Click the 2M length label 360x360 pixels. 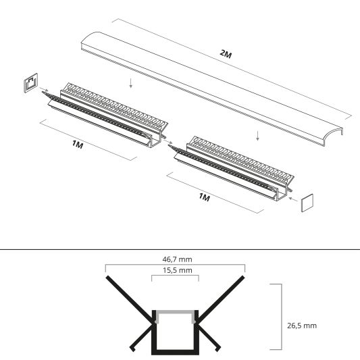(x=226, y=55)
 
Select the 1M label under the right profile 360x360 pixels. (x=205, y=198)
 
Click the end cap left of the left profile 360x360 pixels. (x=30, y=84)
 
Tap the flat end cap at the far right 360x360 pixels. (x=309, y=202)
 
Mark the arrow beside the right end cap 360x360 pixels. (x=291, y=199)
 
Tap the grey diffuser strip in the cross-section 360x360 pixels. (x=175, y=311)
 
